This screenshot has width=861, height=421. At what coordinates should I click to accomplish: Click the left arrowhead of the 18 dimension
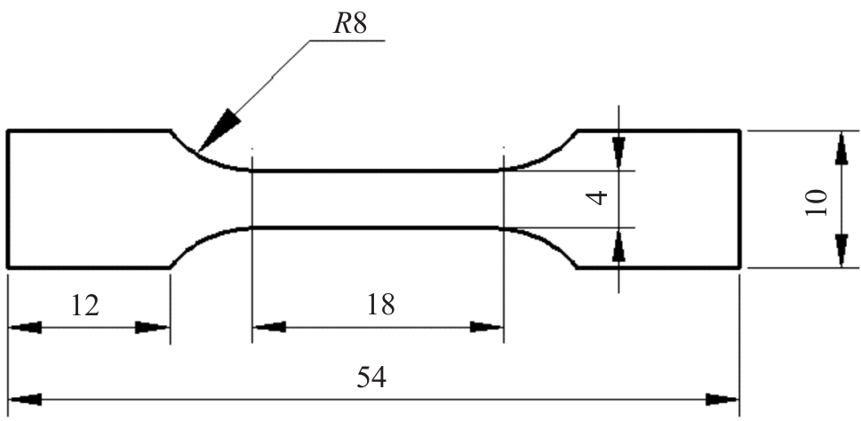coord(268,327)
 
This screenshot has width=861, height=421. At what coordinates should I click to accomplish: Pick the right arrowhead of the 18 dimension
coord(487,327)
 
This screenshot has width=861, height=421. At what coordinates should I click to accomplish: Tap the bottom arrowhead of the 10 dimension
coord(841,250)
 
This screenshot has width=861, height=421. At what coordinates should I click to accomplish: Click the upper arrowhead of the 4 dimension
coord(619,150)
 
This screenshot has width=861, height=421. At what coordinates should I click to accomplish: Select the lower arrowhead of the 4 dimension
coord(619,247)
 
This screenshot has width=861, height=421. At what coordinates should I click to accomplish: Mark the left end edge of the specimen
coord(8,199)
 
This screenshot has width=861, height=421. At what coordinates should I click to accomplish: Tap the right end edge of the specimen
coord(739,199)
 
